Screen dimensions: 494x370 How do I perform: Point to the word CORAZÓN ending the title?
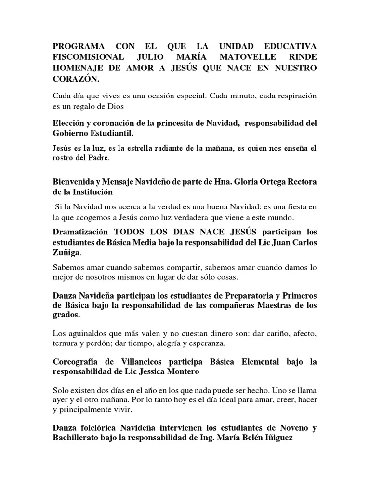click(x=76, y=79)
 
